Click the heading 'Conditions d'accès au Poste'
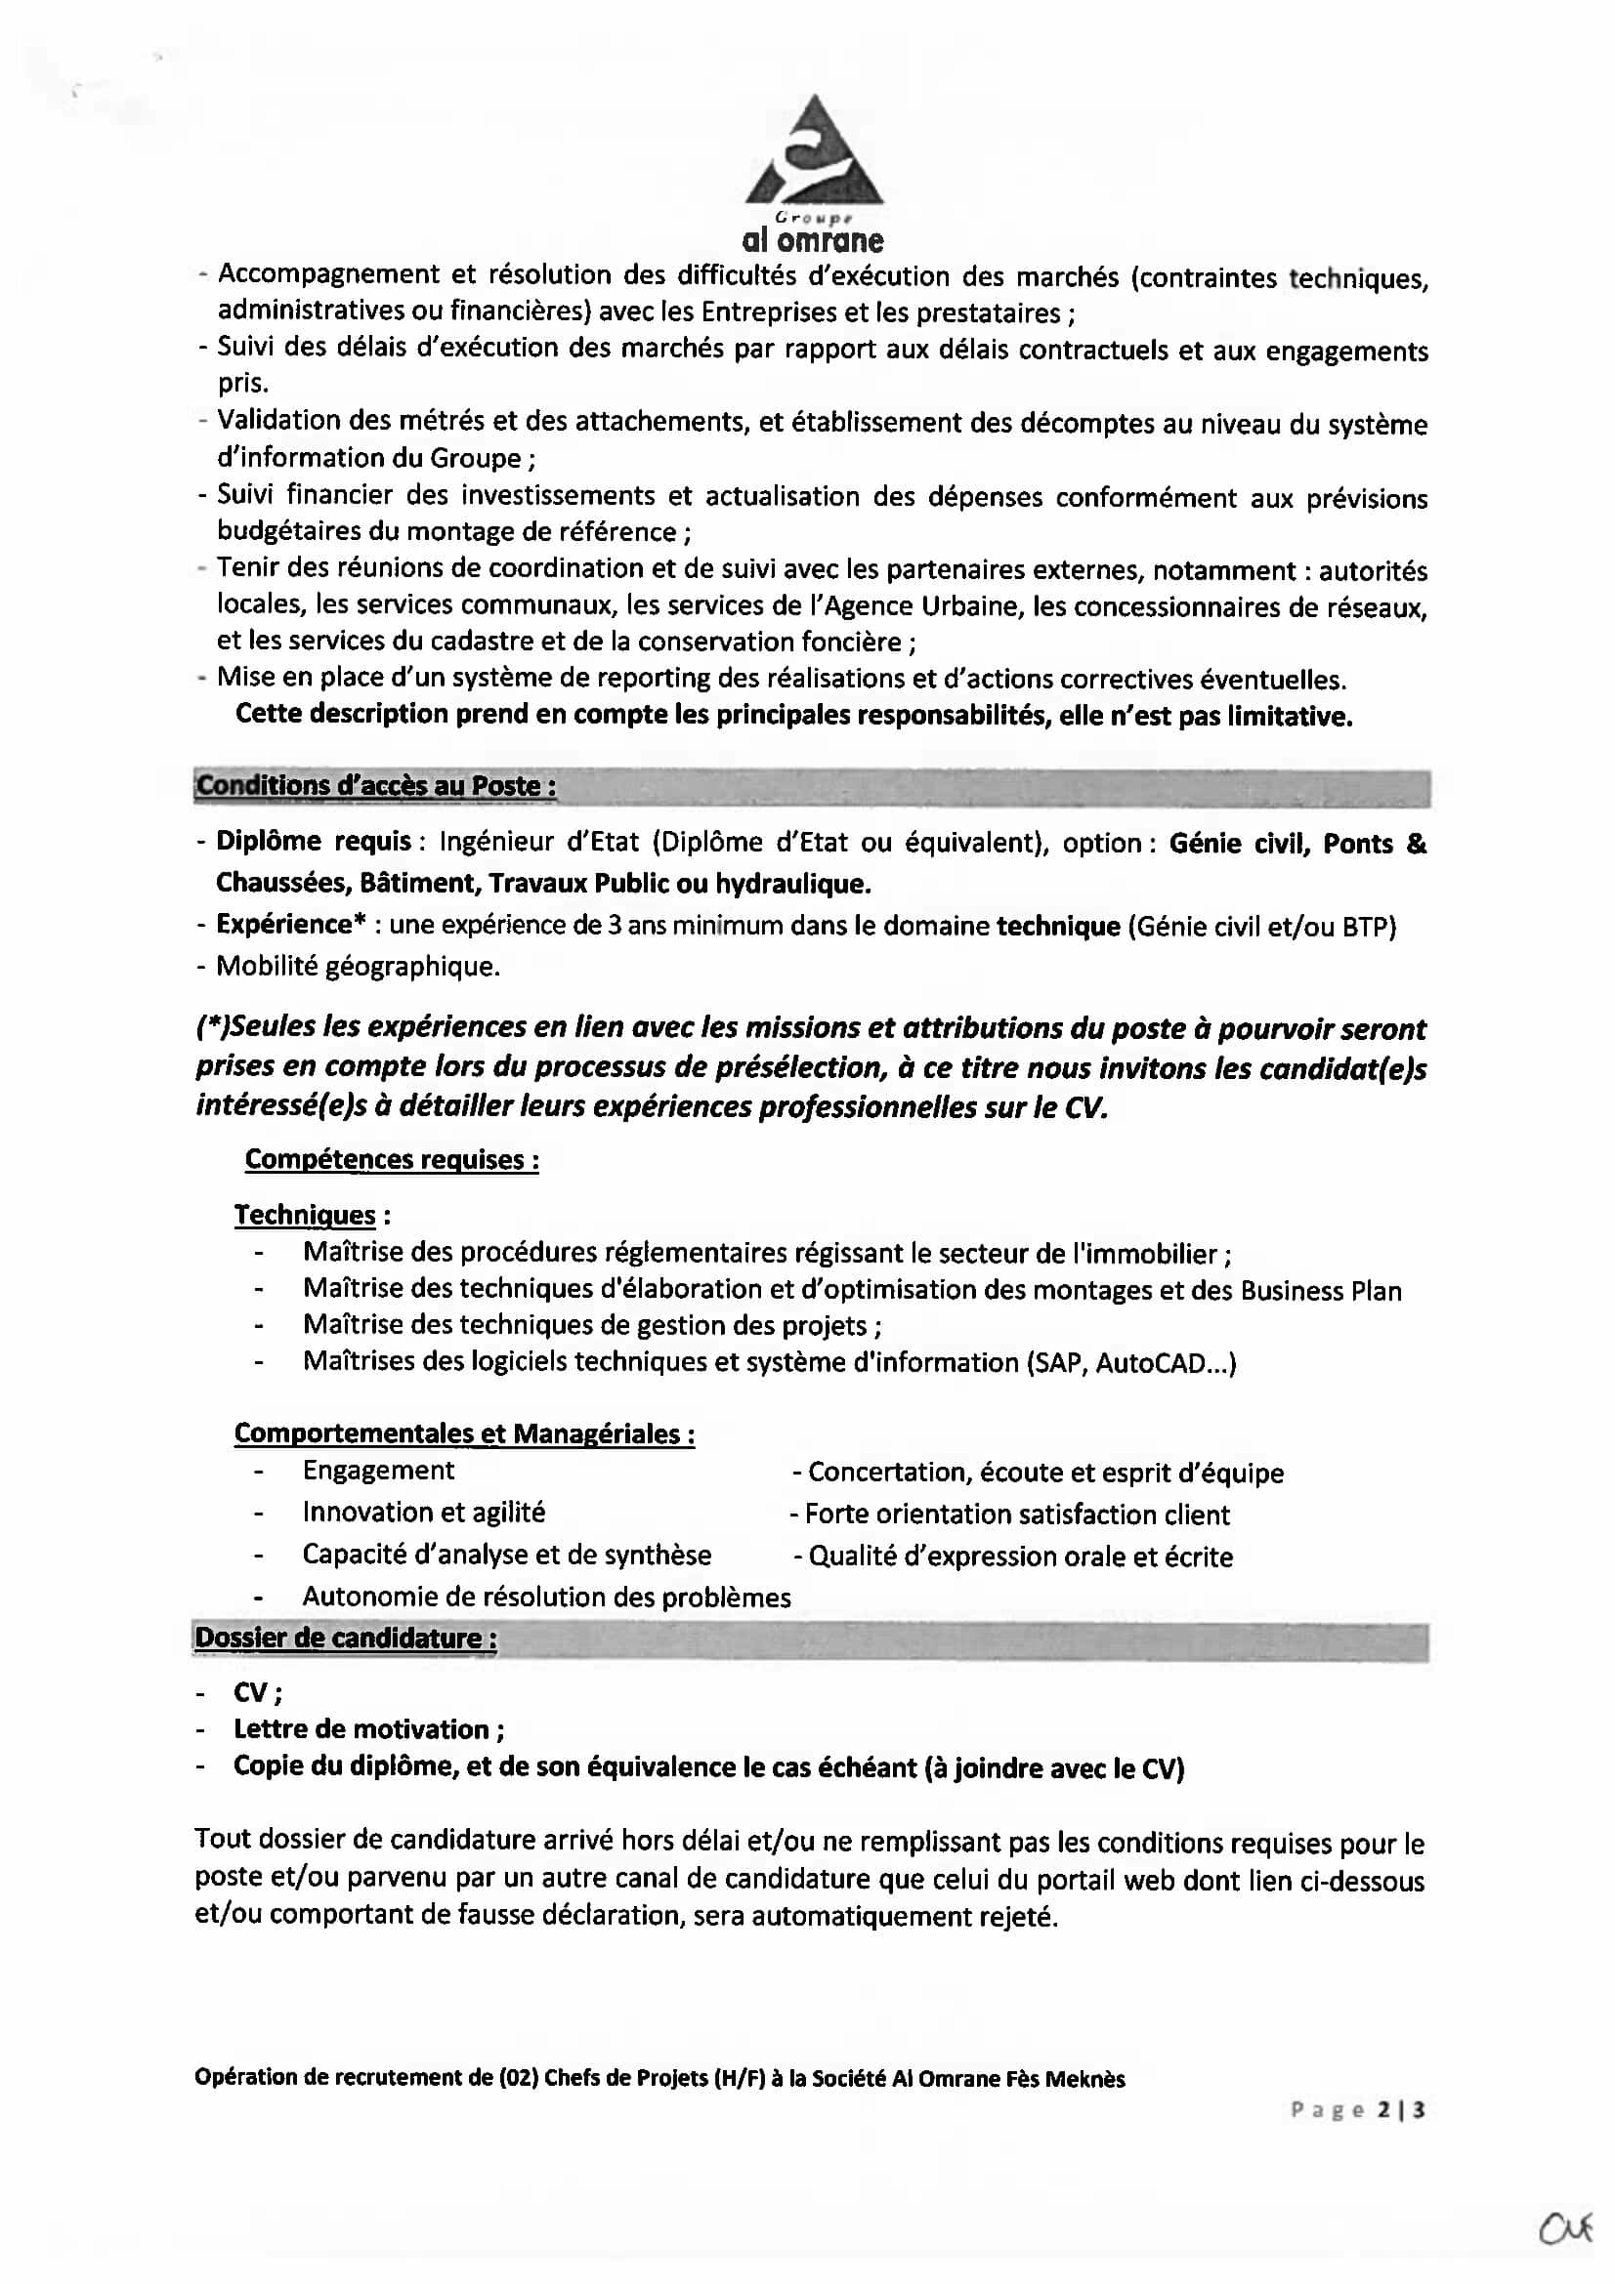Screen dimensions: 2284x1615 [375, 786]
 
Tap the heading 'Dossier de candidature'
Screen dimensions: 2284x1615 [345, 1638]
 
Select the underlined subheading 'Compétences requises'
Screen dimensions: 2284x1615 [391, 1159]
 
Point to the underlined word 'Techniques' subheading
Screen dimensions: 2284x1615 [305, 1215]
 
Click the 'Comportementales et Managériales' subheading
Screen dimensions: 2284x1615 [464, 1433]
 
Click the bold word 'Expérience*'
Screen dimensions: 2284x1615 [284, 924]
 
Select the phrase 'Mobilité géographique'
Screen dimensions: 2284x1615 [358, 966]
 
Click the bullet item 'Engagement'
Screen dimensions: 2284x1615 [378, 1471]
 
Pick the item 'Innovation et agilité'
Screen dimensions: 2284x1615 [424, 1512]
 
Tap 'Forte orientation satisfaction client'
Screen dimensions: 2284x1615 [1016, 1515]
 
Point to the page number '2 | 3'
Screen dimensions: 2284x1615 [1401, 2110]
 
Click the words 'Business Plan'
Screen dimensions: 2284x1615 [1321, 1291]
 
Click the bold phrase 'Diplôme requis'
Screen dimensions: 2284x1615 [314, 842]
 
